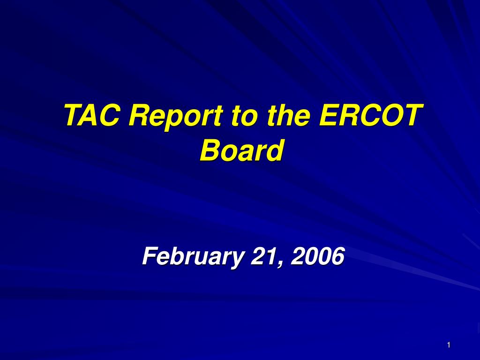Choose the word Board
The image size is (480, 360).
click(241, 150)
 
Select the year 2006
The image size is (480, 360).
click(318, 256)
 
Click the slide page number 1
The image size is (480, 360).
click(449, 345)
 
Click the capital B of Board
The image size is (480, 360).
click(211, 150)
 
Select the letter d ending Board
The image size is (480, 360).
click(273, 150)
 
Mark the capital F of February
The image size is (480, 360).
click(150, 256)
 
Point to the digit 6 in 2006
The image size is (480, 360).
click(338, 256)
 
